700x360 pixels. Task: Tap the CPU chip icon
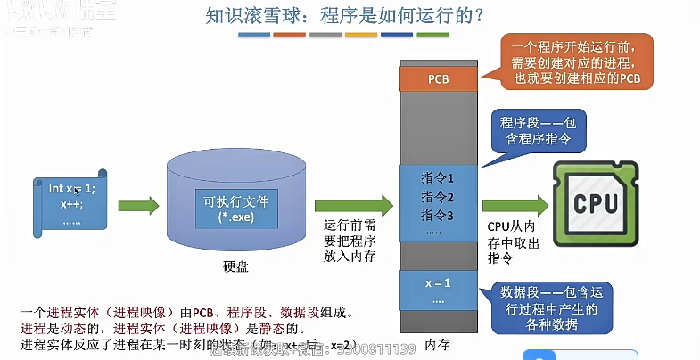[595, 204]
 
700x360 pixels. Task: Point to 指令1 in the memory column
[438, 178]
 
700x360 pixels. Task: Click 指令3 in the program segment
[438, 215]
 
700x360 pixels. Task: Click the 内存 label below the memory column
[438, 344]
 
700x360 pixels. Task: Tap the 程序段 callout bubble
[536, 131]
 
